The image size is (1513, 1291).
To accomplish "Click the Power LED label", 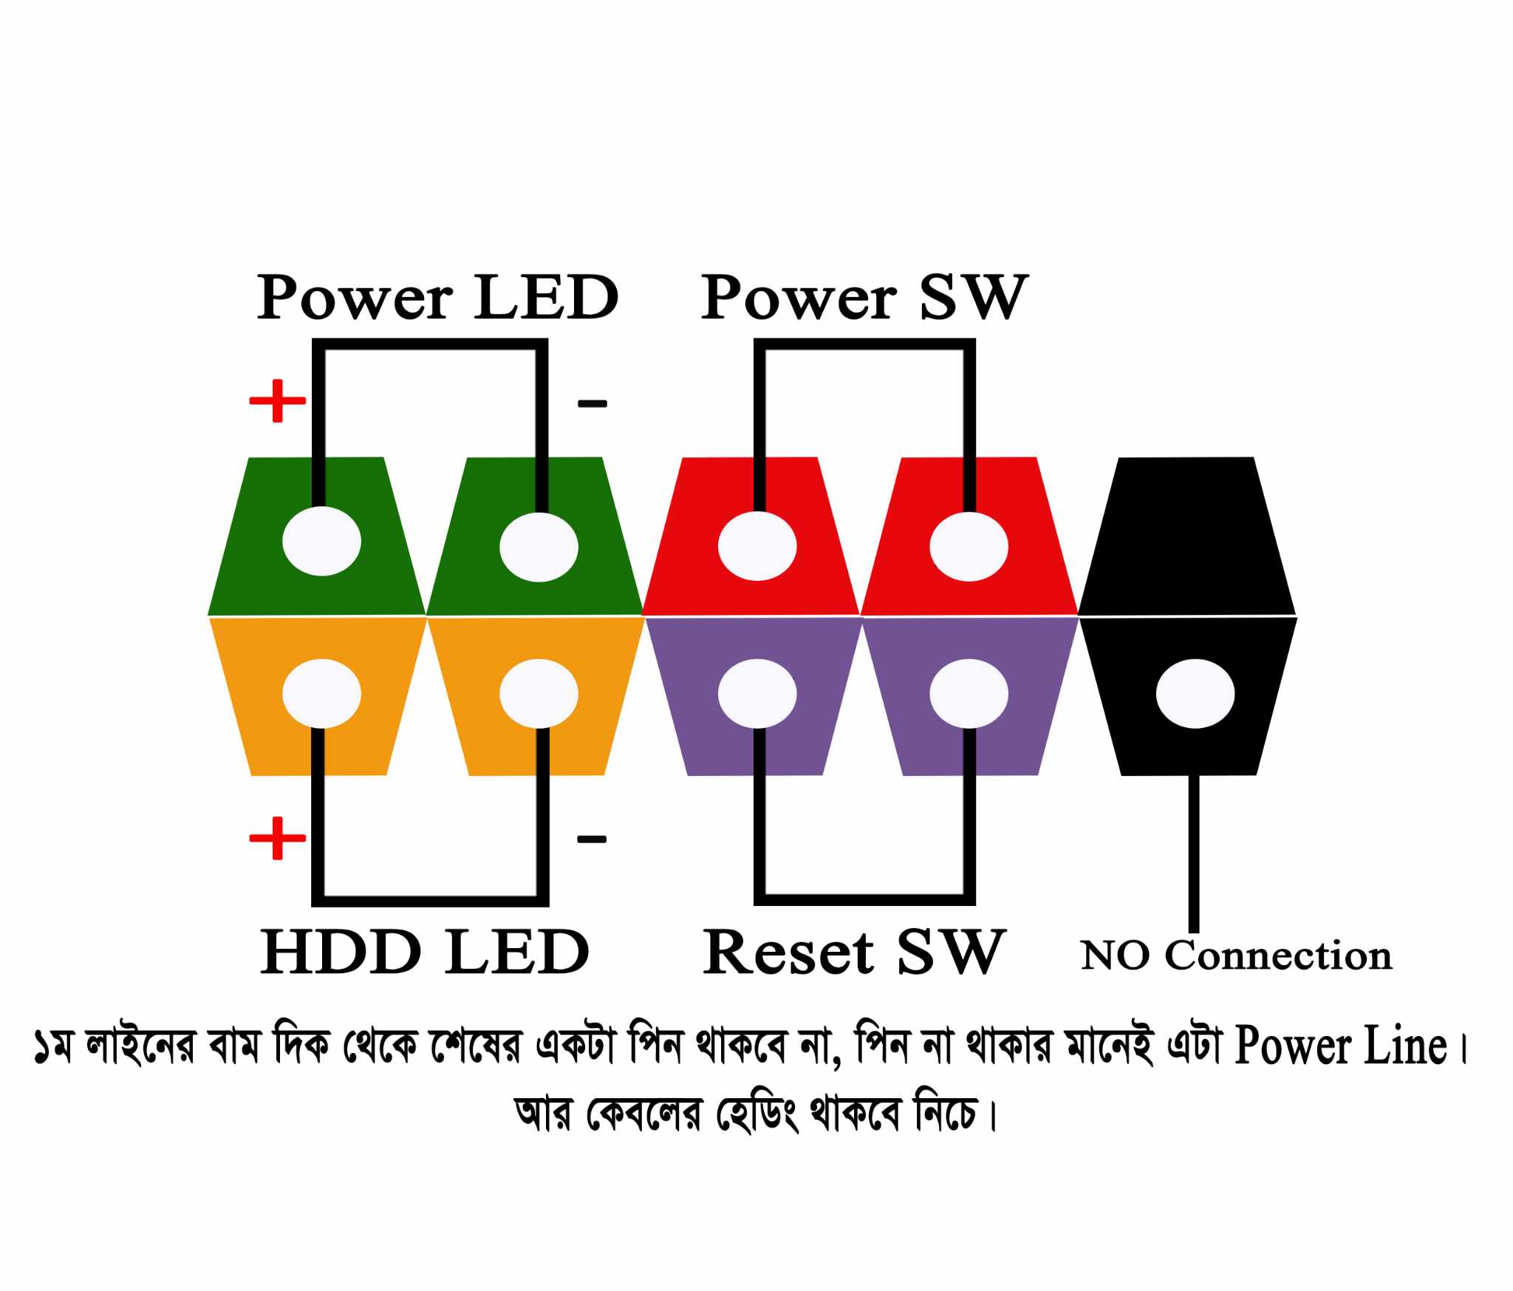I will (x=437, y=297).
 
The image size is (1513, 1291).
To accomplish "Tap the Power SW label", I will (x=864, y=297).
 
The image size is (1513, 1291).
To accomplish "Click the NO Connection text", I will (x=1236, y=956).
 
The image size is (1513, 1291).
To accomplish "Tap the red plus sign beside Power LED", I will (x=277, y=401).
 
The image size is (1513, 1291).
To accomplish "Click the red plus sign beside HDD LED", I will (x=277, y=838).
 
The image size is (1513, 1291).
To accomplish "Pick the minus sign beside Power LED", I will (x=592, y=403).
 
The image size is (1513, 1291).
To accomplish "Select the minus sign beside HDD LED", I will (x=591, y=839).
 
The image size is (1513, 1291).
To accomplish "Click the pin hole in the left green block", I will (x=321, y=541).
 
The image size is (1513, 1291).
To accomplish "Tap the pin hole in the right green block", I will (x=539, y=548).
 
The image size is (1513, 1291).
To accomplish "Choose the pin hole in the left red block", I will (x=757, y=547).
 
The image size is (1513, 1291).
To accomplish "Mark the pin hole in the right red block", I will (x=969, y=547).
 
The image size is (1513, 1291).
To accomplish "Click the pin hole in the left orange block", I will (x=321, y=693).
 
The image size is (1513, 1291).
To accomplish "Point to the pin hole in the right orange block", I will (x=539, y=693).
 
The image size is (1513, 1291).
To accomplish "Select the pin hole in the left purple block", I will (x=757, y=693).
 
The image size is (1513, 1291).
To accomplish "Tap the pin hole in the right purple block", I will (x=969, y=693).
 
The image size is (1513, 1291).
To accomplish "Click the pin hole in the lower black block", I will (x=1195, y=693).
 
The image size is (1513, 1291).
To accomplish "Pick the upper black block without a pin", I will (x=1187, y=536).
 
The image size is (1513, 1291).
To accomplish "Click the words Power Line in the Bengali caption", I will (x=1340, y=1046).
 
